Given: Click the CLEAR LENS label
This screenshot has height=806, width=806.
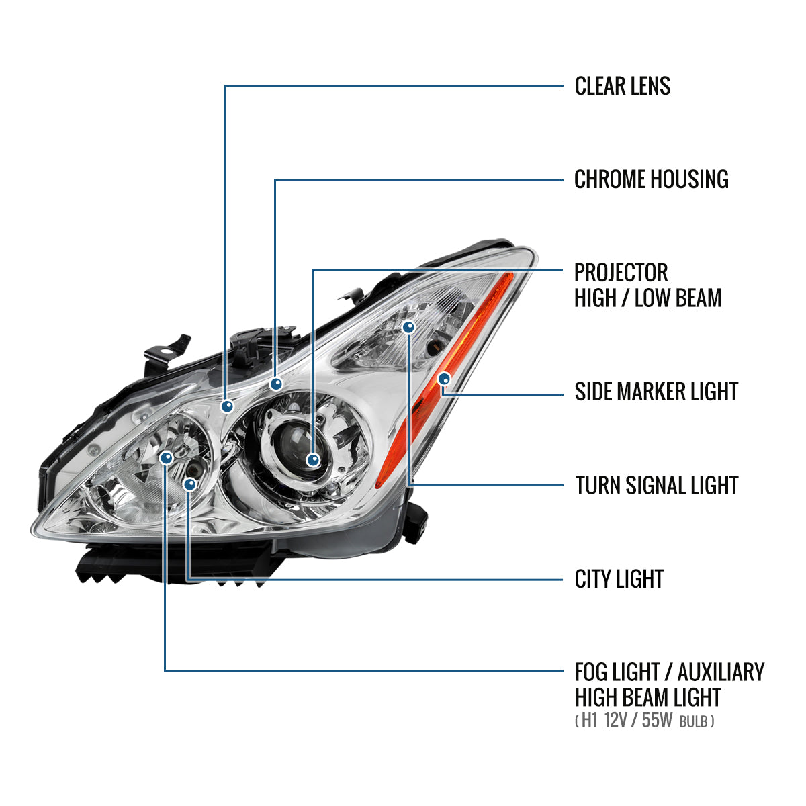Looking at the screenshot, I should [622, 86].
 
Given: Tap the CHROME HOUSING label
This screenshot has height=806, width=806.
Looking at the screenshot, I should [651, 179].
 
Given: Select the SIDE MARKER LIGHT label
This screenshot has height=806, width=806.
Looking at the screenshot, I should [656, 392].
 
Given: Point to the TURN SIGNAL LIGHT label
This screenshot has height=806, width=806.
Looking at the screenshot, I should [656, 485].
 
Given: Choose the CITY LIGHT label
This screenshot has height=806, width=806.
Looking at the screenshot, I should [619, 579].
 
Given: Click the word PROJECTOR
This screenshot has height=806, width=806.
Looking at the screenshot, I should [621, 273].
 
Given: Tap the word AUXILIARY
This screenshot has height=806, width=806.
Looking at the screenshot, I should [720, 672].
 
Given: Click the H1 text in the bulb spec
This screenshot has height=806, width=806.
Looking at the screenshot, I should [589, 721].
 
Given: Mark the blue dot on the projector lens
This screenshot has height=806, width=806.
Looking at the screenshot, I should [312, 460].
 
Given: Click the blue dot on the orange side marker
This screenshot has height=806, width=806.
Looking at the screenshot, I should [443, 379].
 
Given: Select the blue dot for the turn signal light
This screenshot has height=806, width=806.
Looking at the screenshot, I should [408, 327].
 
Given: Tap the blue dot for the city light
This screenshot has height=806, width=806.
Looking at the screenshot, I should [190, 484].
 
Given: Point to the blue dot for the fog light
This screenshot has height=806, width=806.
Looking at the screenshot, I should [166, 457].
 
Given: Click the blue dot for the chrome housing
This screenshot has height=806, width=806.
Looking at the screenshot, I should [275, 384].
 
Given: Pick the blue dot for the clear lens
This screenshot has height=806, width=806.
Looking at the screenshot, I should [227, 406].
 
